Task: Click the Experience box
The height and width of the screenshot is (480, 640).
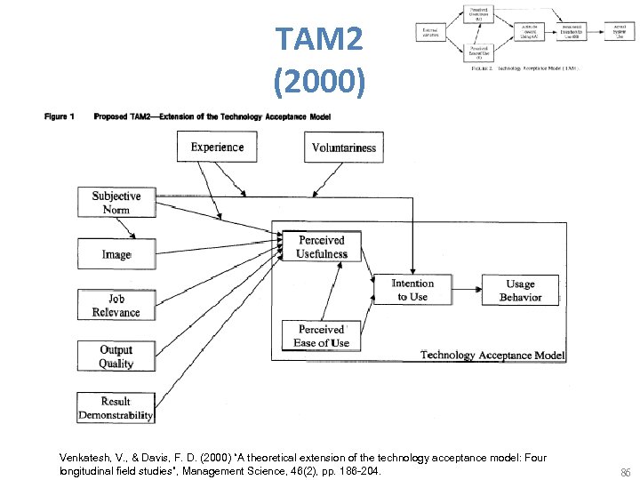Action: pos(217,147)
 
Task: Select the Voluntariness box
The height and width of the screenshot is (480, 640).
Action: pos(344,148)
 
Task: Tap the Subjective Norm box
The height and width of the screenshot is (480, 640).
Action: pos(116,203)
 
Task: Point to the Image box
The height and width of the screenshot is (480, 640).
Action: pos(116,254)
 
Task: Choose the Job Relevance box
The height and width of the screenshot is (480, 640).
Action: pos(116,306)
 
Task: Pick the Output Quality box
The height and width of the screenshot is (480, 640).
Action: pos(116,356)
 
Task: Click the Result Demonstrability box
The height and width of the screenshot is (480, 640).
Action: pos(116,408)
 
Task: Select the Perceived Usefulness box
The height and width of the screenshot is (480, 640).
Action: pos(322,247)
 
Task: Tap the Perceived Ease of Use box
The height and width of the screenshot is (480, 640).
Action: pos(322,336)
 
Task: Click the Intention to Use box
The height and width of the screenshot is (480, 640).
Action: pos(412,290)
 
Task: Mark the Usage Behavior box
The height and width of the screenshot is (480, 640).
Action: pos(520,290)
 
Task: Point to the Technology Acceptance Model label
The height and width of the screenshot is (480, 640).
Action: pos(492,355)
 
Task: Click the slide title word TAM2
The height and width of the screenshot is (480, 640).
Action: pos(319,40)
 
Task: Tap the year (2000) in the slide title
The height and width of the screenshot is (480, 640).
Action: pos(319,83)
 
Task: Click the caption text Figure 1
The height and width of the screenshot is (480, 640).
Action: pos(60,116)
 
